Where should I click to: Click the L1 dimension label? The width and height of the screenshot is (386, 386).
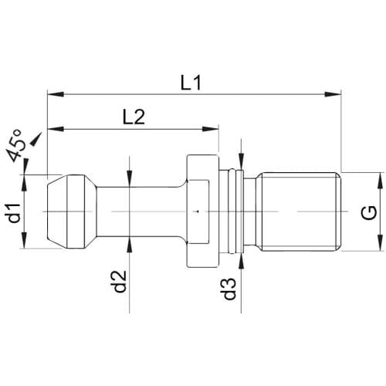191,83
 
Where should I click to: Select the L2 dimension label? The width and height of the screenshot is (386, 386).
134,117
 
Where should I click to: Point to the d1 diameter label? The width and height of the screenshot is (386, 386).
14,213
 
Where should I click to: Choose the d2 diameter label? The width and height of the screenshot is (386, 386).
120,282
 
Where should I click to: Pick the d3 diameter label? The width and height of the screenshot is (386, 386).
229,289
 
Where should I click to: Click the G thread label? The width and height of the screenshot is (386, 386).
369,212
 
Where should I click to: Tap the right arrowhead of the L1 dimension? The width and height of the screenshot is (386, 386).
333,94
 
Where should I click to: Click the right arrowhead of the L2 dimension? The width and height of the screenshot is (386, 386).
211,129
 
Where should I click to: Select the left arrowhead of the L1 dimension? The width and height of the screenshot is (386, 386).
56,94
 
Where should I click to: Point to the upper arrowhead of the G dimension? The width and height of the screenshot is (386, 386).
381,181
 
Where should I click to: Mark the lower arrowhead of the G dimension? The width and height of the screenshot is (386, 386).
381,242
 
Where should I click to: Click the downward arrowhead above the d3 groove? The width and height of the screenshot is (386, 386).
241,161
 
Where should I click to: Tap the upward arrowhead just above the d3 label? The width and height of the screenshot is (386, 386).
241,262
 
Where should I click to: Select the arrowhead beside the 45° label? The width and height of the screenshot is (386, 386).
36,140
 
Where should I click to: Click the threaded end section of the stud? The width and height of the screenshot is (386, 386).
299,212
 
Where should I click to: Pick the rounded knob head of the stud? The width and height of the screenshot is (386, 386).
72,212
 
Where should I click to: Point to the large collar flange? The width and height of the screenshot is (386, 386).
203,212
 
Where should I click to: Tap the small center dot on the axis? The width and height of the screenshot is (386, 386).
198,212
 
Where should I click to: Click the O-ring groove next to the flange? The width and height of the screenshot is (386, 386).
232,212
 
